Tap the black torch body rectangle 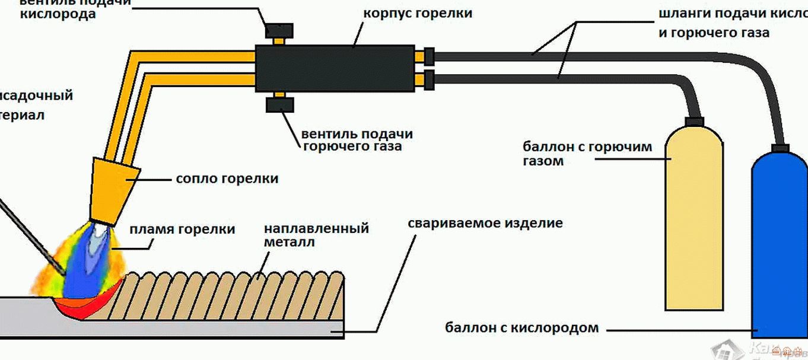335,69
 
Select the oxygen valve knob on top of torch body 279,30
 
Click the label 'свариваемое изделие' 485,224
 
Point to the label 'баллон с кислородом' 521,327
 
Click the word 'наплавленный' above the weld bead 316,229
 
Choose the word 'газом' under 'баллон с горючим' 543,161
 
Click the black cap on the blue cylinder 780,149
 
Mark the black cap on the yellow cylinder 693,122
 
